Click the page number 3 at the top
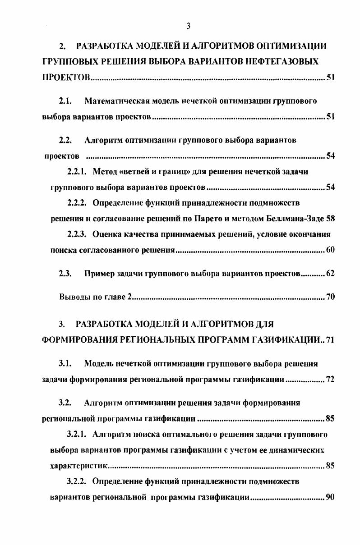188,26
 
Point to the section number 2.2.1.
78,172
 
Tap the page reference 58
330,219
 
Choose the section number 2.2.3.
78,234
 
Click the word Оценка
106,234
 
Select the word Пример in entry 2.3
98,274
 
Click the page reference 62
330,274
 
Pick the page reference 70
330,297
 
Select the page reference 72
330,380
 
